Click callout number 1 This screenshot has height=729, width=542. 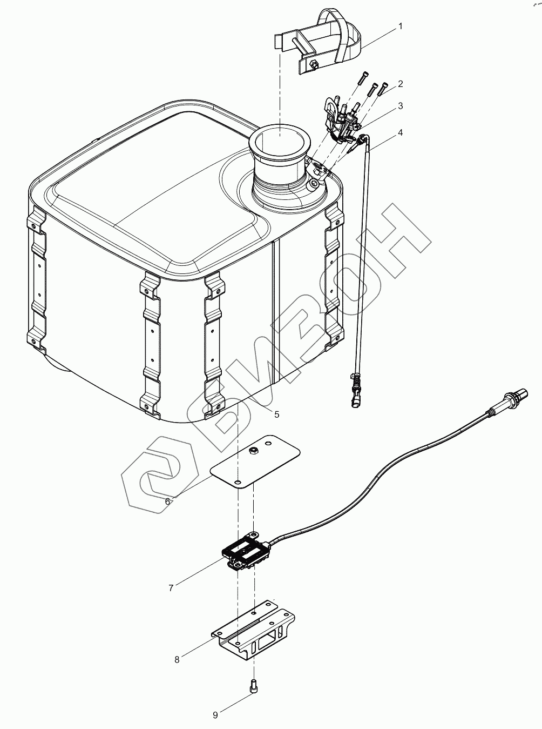click(x=400, y=26)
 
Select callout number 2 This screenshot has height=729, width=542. click(x=401, y=84)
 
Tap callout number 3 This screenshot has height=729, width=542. click(x=400, y=106)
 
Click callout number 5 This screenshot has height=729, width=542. click(x=276, y=414)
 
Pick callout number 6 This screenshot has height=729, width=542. click(x=168, y=501)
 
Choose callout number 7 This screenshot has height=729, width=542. click(x=171, y=588)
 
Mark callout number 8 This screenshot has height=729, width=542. click(x=177, y=659)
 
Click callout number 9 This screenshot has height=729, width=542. click(x=215, y=715)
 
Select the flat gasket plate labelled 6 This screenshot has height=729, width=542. click(x=254, y=462)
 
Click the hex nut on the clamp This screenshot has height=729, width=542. click(x=313, y=65)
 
